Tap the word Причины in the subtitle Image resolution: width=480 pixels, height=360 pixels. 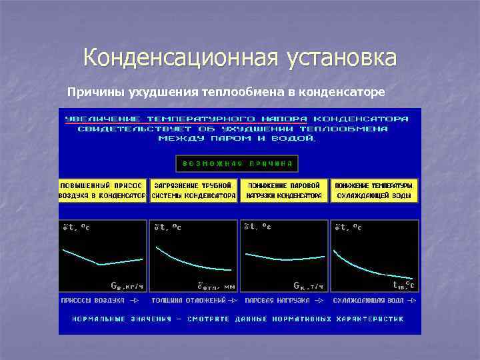[x=92, y=91]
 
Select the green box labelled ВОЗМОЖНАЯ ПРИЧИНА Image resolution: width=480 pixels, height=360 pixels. [x=237, y=163]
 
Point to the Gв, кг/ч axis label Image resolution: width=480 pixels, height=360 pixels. [x=126, y=285]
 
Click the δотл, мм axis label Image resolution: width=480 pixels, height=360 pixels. [x=215, y=286]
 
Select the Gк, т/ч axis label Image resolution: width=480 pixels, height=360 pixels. [x=309, y=286]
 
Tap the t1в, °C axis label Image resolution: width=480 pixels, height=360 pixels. [x=403, y=286]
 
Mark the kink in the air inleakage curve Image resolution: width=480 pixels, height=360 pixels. [x=99, y=265]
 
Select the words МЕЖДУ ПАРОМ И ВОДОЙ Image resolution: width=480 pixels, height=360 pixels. [x=237, y=139]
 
